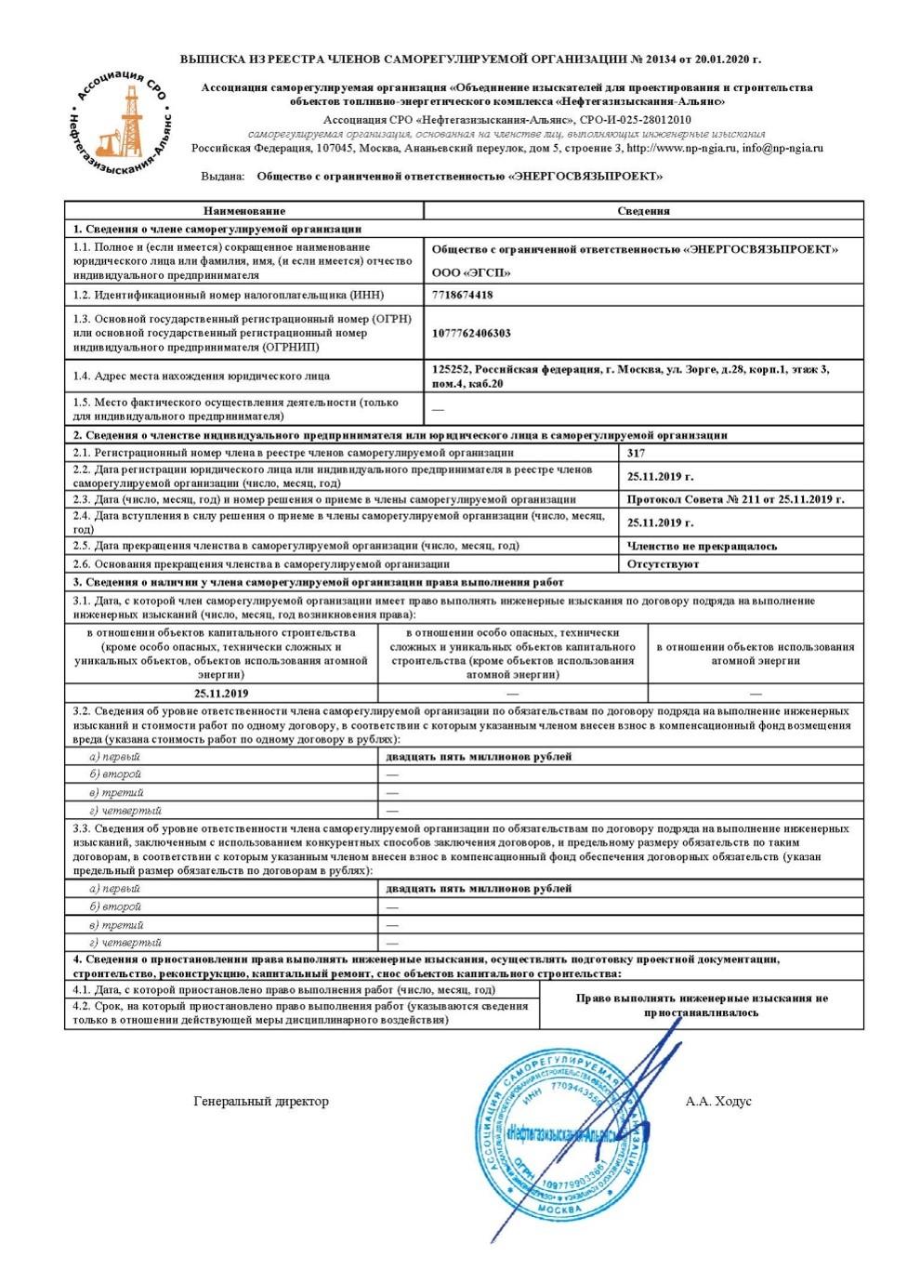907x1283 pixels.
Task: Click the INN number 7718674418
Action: click(x=462, y=295)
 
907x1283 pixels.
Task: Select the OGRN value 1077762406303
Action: click(x=471, y=333)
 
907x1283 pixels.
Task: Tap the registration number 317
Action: click(x=636, y=453)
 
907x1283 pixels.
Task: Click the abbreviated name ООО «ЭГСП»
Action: click(x=471, y=272)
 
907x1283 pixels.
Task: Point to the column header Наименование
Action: click(x=244, y=211)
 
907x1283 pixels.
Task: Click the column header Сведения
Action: click(x=643, y=211)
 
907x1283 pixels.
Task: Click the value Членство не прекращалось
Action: click(x=702, y=546)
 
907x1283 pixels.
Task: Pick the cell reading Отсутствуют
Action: click(x=663, y=563)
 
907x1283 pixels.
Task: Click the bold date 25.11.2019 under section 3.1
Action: click(x=221, y=694)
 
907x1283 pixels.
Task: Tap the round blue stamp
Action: click(x=560, y=1136)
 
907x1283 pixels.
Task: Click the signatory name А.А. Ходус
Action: click(x=718, y=1102)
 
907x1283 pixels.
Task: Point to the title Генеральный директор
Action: click(x=261, y=1102)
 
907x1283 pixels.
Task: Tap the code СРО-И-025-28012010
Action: click(x=635, y=120)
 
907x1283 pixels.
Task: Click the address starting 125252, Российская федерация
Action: click(x=630, y=376)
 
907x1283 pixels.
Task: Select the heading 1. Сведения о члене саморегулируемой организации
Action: click(x=217, y=229)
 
